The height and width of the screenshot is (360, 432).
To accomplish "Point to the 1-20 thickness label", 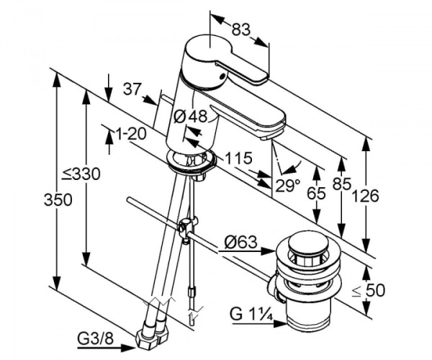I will click(130, 133).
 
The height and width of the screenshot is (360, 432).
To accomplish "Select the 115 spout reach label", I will click(237, 158).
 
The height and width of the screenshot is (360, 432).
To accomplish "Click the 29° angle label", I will click(287, 185).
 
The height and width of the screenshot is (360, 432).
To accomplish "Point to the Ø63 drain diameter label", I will click(240, 243).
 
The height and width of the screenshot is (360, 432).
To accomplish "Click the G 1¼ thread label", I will click(251, 315).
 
